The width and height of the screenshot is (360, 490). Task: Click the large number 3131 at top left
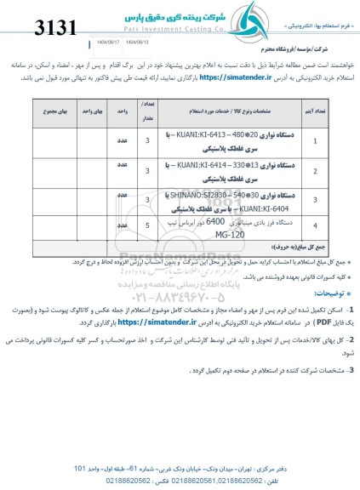[x=39, y=28]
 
